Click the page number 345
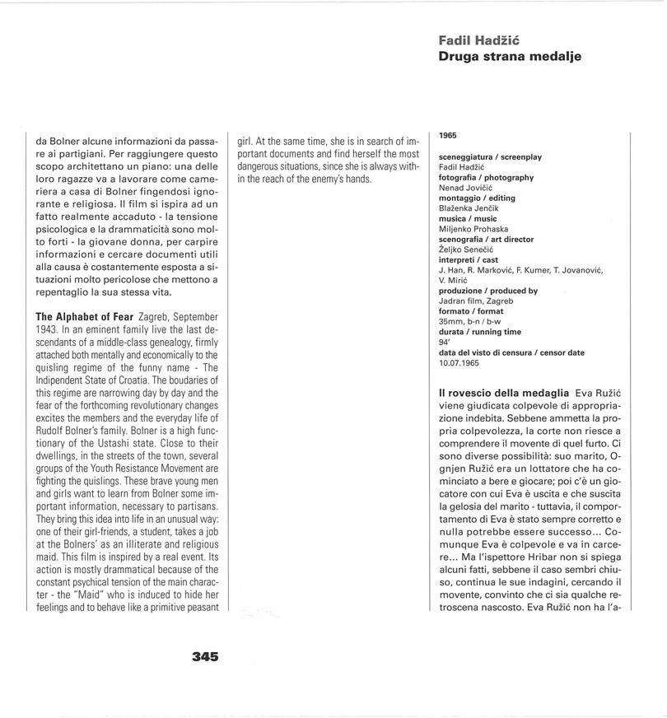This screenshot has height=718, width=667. (x=205, y=656)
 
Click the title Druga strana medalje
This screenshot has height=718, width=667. (x=510, y=57)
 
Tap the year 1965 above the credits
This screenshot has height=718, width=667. (x=448, y=135)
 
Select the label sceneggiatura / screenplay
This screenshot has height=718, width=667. (x=491, y=156)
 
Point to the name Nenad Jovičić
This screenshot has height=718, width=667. (x=467, y=188)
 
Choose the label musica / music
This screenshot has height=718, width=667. (x=468, y=218)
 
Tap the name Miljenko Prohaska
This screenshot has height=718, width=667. (x=473, y=229)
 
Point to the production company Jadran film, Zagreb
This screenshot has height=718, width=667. (x=476, y=301)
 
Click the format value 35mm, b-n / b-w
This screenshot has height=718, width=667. (x=475, y=321)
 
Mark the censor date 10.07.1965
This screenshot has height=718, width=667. (x=459, y=362)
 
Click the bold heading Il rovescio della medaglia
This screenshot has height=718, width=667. (x=503, y=394)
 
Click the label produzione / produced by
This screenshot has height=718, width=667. (x=488, y=291)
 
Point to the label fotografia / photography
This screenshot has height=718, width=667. (x=486, y=177)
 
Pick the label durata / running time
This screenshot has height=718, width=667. (x=480, y=332)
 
